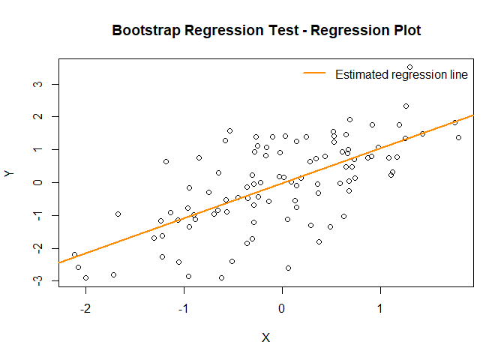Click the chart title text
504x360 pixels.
click(x=266, y=31)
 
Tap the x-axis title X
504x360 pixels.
click(x=265, y=337)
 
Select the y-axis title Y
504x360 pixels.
click(x=9, y=173)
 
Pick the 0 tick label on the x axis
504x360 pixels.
click(x=282, y=309)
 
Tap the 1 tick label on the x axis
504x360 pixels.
click(x=380, y=309)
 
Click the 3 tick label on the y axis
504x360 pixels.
click(x=35, y=84)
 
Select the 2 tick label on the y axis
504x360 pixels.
click(x=35, y=117)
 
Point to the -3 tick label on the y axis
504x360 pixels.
click(x=35, y=279)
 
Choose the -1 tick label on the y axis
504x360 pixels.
click(x=35, y=214)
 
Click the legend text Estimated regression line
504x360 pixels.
click(x=401, y=74)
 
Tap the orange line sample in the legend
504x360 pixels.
click(x=315, y=73)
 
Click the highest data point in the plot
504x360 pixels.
click(x=409, y=67)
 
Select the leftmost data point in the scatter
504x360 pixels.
click(x=74, y=255)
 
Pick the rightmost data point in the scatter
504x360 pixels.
click(x=458, y=137)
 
